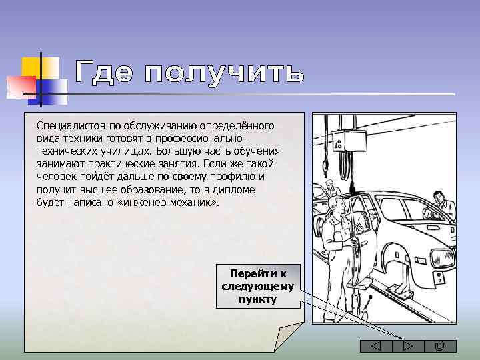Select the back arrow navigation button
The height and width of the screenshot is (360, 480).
(x=375, y=345)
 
